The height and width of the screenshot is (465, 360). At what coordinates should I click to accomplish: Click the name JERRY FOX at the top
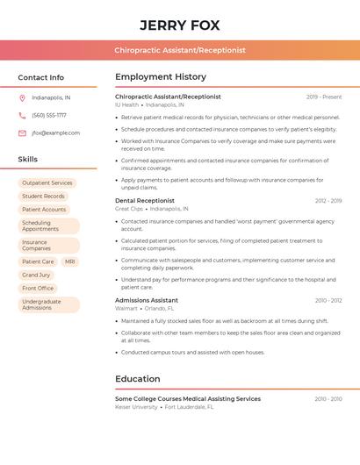tap(180, 25)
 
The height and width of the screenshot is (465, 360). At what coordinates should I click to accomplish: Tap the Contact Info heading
tap(41, 77)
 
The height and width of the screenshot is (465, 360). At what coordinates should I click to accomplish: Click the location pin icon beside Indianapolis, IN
tap(22, 97)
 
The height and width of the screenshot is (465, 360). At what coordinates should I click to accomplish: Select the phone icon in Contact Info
tap(22, 115)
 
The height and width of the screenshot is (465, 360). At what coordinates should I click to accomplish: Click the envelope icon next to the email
tap(22, 133)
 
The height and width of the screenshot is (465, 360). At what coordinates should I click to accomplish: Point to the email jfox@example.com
tap(55, 133)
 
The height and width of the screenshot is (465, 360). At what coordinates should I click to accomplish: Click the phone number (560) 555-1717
tap(49, 115)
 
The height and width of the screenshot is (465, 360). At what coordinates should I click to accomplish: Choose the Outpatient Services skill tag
tap(47, 183)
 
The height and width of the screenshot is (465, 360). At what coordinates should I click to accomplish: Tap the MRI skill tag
tap(69, 261)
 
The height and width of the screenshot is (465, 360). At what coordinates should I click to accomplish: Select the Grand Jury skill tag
tap(36, 275)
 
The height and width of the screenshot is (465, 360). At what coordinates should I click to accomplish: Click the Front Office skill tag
tap(38, 288)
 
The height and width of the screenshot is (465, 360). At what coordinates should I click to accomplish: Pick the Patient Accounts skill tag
tap(44, 210)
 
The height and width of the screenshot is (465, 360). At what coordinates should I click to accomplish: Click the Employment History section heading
tap(161, 77)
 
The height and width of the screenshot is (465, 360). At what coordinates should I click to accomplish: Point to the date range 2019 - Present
tap(324, 97)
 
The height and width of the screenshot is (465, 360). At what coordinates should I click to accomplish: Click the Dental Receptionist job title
tap(145, 201)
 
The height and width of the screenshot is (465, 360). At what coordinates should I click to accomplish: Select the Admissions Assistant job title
tap(147, 300)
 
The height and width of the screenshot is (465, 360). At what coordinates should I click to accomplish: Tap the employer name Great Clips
tap(129, 209)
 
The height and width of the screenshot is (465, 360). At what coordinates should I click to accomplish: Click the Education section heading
tap(138, 379)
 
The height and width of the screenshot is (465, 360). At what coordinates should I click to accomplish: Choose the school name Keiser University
tap(136, 407)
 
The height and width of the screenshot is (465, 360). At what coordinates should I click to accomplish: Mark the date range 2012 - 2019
tap(328, 201)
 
